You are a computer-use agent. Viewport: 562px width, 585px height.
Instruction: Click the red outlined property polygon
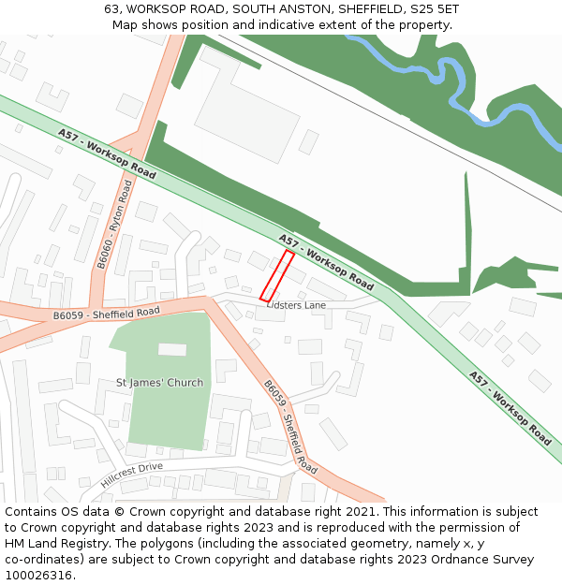(277, 276)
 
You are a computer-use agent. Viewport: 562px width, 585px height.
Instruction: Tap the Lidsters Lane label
(296, 305)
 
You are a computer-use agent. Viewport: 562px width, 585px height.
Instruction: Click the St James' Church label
(159, 382)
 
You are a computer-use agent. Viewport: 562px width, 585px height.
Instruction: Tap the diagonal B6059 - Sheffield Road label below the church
(289, 426)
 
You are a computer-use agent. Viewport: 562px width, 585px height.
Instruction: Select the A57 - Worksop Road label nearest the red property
(326, 262)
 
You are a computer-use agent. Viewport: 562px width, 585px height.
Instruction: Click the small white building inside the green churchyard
(172, 349)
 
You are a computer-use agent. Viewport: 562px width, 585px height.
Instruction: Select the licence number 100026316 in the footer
(39, 576)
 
